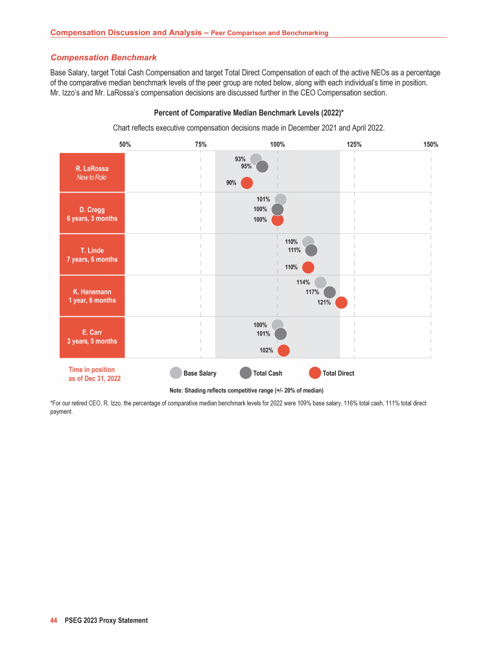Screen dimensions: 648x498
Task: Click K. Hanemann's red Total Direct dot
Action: point(341,303)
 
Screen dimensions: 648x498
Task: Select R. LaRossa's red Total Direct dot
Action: point(247,183)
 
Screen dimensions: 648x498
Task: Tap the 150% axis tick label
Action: point(431,145)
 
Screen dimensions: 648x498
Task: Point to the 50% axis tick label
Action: point(125,145)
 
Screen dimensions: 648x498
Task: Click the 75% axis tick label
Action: point(201,145)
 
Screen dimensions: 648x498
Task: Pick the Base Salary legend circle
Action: point(176,373)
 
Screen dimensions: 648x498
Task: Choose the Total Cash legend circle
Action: point(245,373)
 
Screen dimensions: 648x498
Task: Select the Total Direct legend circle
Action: point(315,373)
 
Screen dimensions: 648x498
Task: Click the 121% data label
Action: point(324,303)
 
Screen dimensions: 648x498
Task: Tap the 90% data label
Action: point(231,183)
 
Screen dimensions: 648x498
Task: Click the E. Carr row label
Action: point(92,337)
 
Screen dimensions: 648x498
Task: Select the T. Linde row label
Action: point(92,255)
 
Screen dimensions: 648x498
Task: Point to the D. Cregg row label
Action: point(92,214)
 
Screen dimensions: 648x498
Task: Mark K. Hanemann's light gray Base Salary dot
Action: point(320,283)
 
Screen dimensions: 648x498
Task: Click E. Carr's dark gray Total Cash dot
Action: point(281,334)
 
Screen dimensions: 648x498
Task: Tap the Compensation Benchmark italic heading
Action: point(104,58)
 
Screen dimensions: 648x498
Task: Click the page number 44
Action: point(54,620)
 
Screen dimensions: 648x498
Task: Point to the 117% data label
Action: point(313,292)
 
